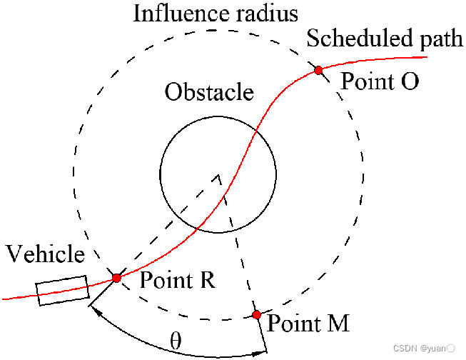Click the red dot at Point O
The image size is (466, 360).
click(318, 70)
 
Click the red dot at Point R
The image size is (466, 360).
click(116, 277)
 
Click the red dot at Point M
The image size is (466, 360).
click(256, 314)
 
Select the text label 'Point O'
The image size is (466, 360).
click(379, 81)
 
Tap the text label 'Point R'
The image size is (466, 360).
click(177, 279)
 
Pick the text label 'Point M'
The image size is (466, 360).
click(308, 324)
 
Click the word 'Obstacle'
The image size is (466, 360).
click(209, 92)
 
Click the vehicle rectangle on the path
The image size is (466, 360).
click(63, 291)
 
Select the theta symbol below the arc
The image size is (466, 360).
click(176, 340)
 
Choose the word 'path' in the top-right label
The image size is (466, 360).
click(441, 41)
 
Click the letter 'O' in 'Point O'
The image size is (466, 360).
click(408, 81)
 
